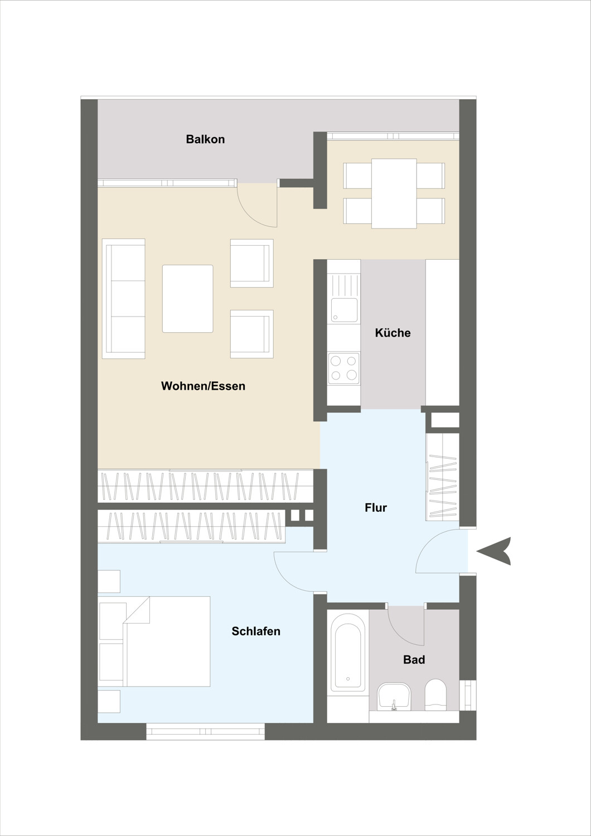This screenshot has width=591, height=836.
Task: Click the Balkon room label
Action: point(205,139)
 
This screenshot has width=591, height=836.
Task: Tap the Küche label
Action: point(393,333)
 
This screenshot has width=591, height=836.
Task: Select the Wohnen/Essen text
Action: point(203,386)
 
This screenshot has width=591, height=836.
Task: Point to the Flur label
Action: point(376,508)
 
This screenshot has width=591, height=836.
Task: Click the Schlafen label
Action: point(256,631)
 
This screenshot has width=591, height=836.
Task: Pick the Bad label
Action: point(414,659)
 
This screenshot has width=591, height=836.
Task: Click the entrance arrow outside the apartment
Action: point(493,551)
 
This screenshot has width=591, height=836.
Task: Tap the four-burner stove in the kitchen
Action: point(344,368)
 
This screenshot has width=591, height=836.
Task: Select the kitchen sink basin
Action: point(344,310)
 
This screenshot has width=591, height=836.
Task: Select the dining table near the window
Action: point(394,193)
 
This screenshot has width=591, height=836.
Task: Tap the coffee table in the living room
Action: point(188,299)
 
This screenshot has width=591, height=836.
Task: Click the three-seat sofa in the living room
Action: point(124,299)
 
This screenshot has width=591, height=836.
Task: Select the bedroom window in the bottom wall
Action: point(205,731)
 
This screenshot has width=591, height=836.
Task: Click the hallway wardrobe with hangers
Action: point(442,477)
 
